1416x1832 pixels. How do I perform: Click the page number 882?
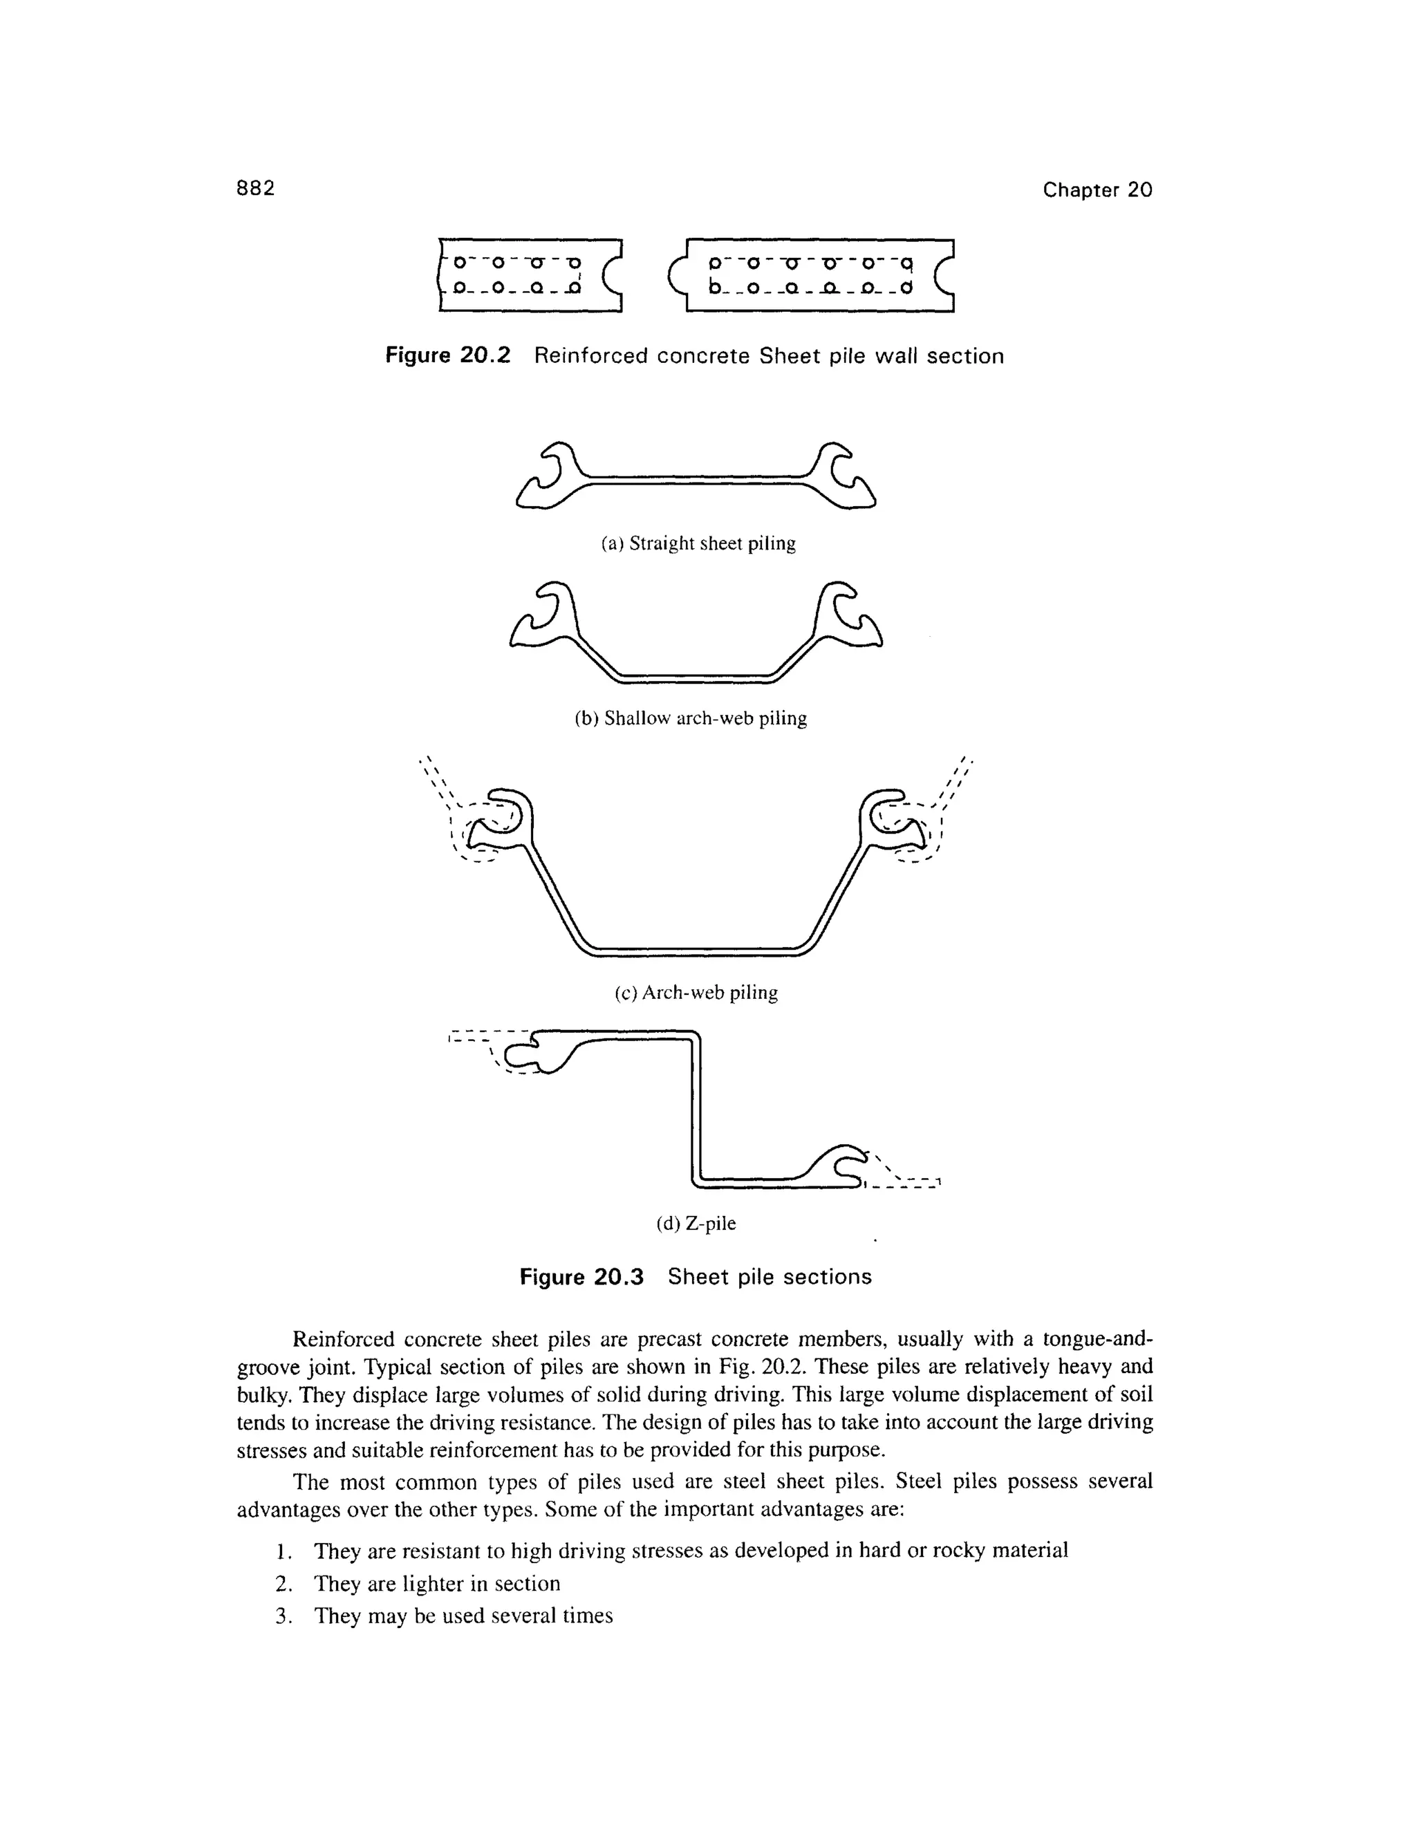[255, 189]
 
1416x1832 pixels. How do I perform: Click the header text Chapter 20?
[1097, 190]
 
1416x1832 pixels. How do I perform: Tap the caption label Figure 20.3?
[581, 1277]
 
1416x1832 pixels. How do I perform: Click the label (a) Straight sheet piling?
[698, 543]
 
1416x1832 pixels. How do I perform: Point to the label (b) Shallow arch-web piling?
[691, 719]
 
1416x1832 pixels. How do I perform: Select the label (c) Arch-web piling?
[696, 993]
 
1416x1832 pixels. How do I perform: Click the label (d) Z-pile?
[696, 1224]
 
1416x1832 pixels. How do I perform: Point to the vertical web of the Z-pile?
[695, 1107]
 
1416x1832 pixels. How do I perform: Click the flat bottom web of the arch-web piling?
[696, 948]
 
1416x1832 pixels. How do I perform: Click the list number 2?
[283, 1584]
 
